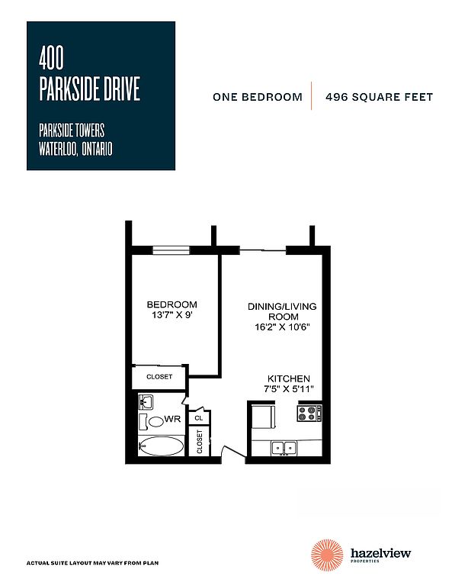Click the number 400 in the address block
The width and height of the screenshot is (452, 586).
click(51, 57)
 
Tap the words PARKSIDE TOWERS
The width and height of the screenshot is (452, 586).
click(72, 130)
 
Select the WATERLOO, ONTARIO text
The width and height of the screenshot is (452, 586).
click(75, 149)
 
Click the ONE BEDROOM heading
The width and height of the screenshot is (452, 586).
click(257, 97)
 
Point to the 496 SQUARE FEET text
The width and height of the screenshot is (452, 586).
click(379, 97)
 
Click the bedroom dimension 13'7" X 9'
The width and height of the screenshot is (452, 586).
click(172, 314)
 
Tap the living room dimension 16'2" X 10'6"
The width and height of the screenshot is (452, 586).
click(282, 327)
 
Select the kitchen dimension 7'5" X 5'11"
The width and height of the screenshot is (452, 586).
click(288, 388)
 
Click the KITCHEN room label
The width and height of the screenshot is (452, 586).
click(289, 378)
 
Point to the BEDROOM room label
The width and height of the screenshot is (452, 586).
click(172, 304)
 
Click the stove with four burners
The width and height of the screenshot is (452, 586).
click(309, 414)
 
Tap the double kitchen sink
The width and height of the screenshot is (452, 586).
click(284, 447)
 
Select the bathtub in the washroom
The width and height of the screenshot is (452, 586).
click(162, 446)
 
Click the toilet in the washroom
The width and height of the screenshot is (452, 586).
click(152, 421)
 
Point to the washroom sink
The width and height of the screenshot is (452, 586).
click(146, 401)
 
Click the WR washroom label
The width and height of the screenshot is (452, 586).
click(172, 419)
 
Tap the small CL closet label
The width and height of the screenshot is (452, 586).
click(199, 418)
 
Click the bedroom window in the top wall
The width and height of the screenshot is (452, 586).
click(172, 250)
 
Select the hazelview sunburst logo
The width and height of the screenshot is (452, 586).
click(327, 555)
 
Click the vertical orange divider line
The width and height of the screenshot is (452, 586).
click(311, 95)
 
